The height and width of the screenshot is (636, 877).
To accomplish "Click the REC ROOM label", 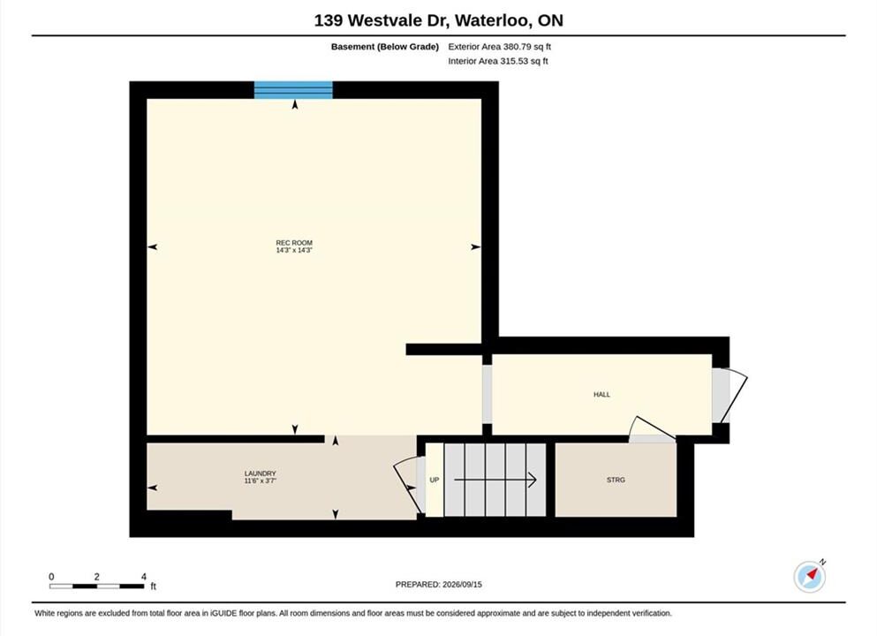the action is (x=294, y=243).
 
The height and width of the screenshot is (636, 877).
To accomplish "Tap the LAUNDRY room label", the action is (x=260, y=473).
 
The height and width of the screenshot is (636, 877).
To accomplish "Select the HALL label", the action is (x=601, y=394).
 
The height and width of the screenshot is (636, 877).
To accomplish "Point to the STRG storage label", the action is (x=616, y=480).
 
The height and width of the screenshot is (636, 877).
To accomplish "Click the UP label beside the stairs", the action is (x=434, y=480).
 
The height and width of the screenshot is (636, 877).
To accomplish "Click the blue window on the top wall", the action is (x=293, y=90).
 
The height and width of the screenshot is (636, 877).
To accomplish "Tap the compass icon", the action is (x=810, y=576).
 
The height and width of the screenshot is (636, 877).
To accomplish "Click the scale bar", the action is (x=97, y=587).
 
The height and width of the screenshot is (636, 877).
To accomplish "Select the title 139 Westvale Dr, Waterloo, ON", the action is (x=438, y=20).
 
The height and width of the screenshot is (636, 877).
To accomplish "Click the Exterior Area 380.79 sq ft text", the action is (x=500, y=47).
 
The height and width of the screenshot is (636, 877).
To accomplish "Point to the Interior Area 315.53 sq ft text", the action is (x=498, y=61).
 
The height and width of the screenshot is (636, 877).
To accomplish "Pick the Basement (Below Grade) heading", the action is (x=385, y=47).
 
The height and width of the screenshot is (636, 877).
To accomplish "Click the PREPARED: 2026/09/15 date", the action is (x=438, y=585).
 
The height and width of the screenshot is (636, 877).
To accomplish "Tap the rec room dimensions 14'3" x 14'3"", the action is (x=294, y=251).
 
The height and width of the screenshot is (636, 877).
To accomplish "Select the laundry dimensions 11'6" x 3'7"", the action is (x=260, y=481).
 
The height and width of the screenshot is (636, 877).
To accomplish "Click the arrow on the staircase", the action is (x=495, y=480).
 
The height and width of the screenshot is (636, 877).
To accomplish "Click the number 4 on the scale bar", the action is (x=144, y=577).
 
